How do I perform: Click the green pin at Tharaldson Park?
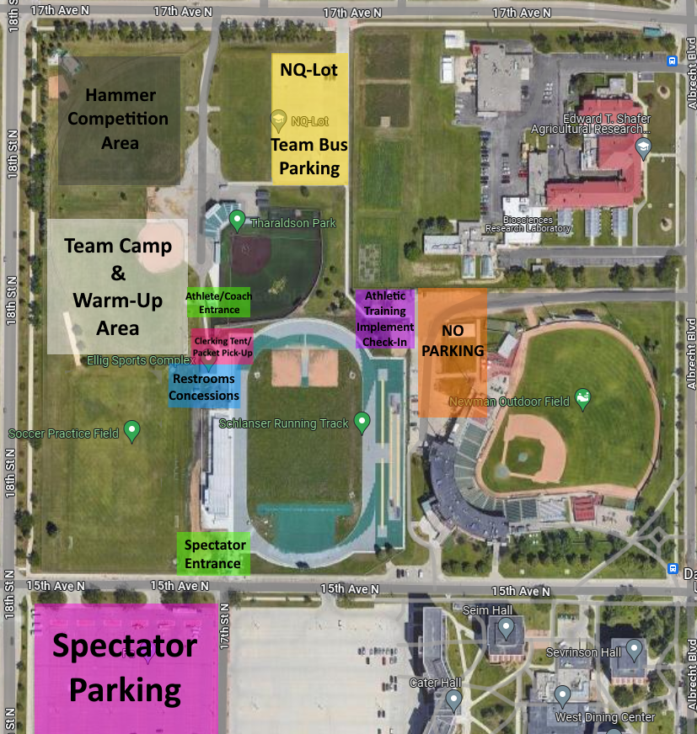click(x=237, y=221)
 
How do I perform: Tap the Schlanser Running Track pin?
click(x=362, y=421)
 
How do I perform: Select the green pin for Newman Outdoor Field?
click(x=582, y=397)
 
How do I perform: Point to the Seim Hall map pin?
click(x=506, y=628)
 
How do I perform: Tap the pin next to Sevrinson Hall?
click(x=634, y=650)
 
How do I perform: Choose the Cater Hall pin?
click(x=453, y=700)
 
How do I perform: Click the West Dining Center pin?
click(x=563, y=696)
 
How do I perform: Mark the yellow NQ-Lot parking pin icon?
click(x=278, y=121)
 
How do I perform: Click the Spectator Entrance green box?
click(x=214, y=554)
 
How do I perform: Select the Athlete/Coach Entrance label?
click(x=218, y=302)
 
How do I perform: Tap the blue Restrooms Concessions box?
click(x=205, y=387)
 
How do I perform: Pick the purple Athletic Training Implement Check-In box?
click(x=384, y=319)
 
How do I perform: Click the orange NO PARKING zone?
click(x=453, y=352)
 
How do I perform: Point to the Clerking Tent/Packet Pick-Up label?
click(x=222, y=346)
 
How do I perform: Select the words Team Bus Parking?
click(x=309, y=157)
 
